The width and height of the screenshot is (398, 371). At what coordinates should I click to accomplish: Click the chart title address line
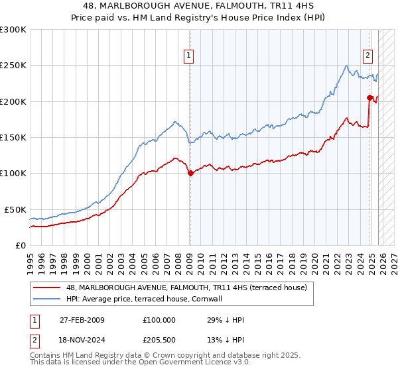[199, 6]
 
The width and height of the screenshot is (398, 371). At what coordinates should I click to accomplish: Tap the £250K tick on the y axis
[13, 66]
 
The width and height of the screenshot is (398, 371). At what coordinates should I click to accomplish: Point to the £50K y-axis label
[15, 209]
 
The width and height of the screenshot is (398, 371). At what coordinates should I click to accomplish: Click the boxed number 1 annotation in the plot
[190, 56]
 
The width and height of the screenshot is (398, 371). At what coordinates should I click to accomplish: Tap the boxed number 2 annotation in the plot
[367, 56]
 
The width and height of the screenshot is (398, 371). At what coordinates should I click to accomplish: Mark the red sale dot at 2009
[190, 174]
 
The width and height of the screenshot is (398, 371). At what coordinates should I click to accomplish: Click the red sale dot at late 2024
[369, 98]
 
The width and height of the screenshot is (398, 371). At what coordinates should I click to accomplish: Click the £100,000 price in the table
[159, 320]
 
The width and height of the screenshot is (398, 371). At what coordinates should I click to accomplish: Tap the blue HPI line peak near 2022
[346, 65]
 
